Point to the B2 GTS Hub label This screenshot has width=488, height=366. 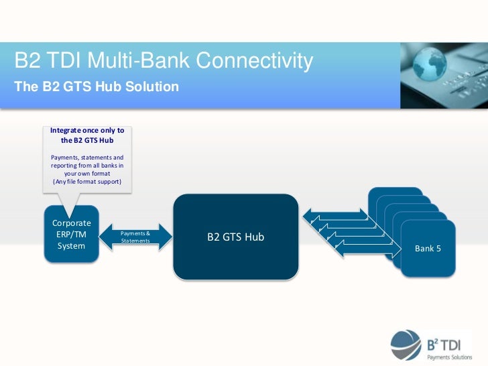click(x=235, y=237)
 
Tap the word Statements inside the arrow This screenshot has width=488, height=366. click(x=135, y=240)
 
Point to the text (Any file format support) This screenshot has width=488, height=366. click(x=87, y=182)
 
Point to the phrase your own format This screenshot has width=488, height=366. click(x=87, y=174)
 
